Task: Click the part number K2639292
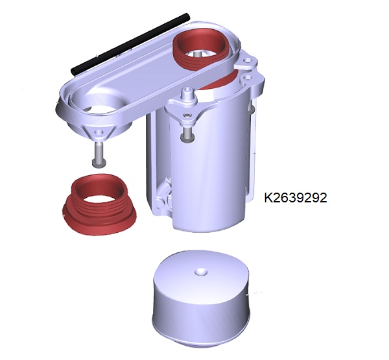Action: point(295,198)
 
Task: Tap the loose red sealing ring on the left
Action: point(100,204)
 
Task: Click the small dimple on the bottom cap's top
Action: point(200,272)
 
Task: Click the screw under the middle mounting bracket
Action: point(188,134)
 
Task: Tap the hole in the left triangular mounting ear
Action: point(99,132)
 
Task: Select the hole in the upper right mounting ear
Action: point(247,60)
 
